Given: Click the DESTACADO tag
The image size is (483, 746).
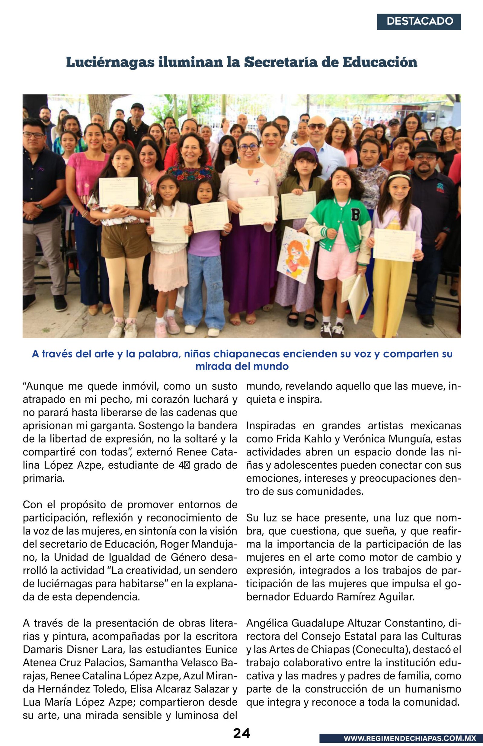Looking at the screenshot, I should click(x=419, y=21).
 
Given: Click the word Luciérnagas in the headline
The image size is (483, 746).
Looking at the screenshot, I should click(x=110, y=62).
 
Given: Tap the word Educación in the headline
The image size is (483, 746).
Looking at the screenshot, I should click(x=379, y=62).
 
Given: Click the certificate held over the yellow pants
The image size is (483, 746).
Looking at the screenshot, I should click(x=394, y=245).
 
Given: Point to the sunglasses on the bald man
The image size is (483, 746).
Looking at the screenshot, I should click(x=317, y=127).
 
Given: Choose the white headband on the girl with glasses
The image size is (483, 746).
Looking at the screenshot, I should click(x=399, y=178).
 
